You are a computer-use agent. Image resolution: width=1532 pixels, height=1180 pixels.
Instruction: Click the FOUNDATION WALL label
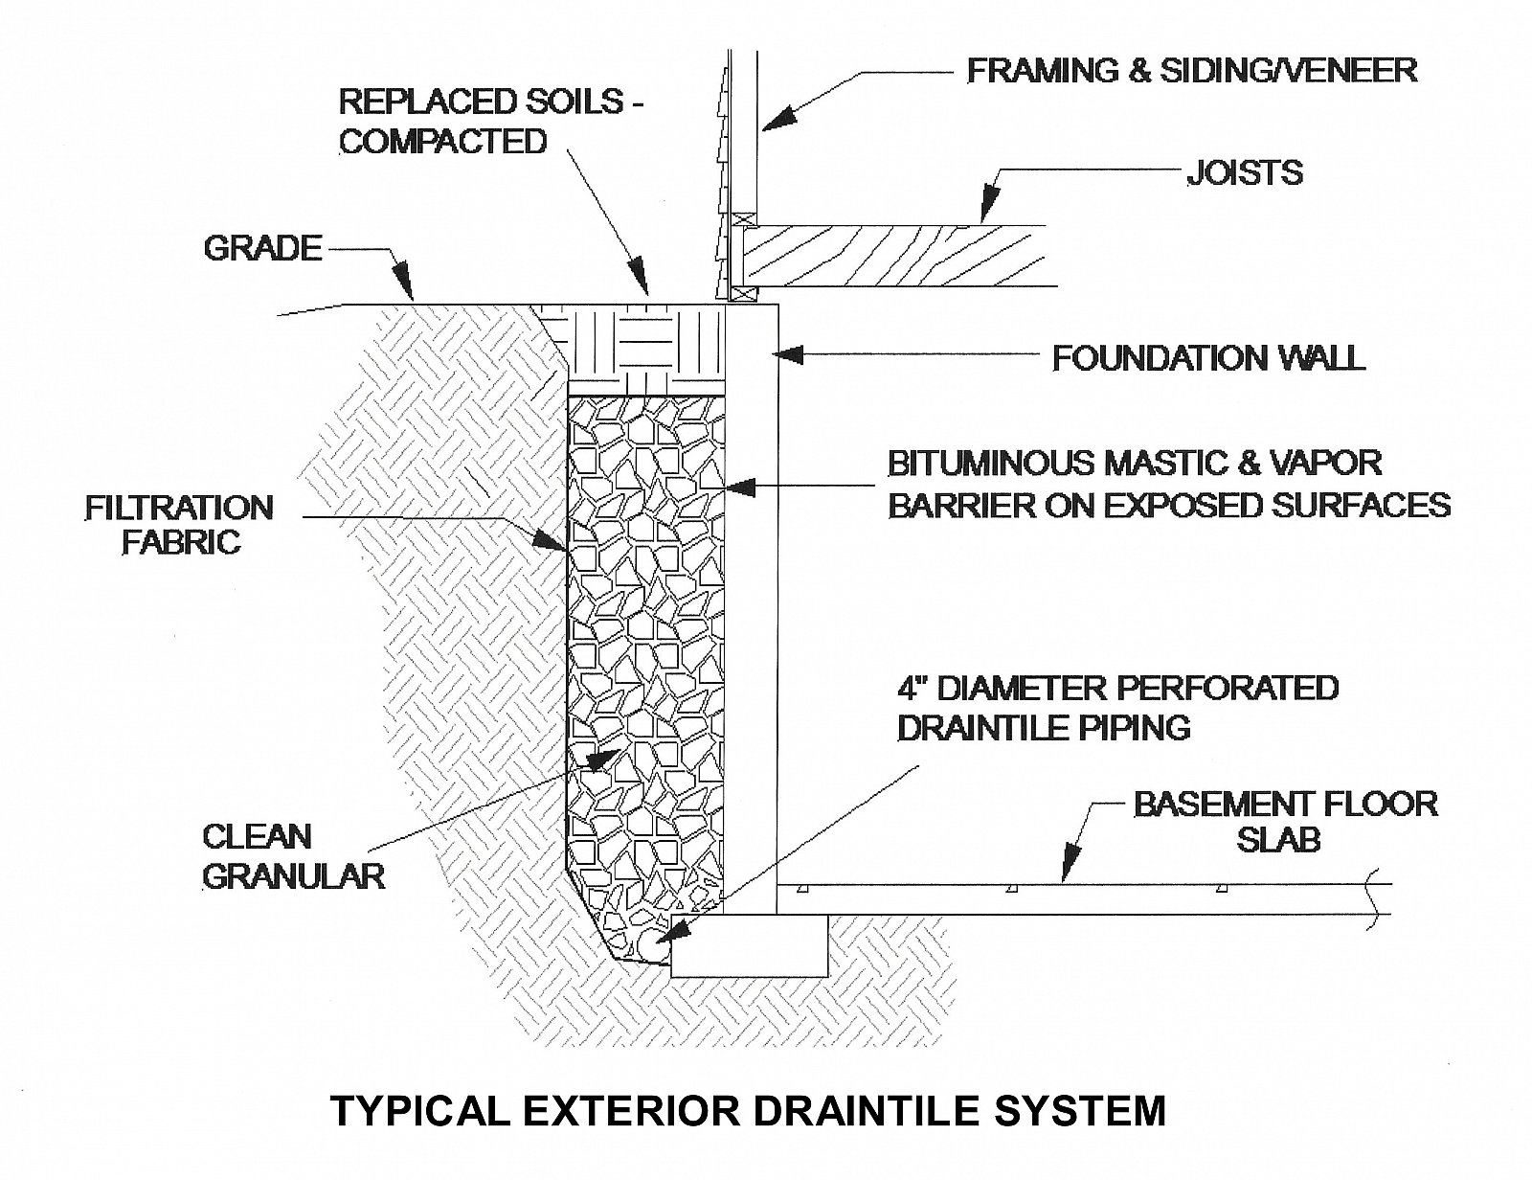pyautogui.click(x=1208, y=358)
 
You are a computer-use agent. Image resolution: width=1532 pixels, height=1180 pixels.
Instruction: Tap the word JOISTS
pyautogui.click(x=1245, y=172)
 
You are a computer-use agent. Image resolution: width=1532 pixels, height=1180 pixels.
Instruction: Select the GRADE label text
pyautogui.click(x=263, y=249)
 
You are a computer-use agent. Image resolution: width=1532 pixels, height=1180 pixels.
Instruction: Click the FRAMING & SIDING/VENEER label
pyautogui.click(x=1191, y=71)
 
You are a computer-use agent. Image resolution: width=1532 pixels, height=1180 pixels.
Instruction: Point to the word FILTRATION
pyautogui.click(x=179, y=508)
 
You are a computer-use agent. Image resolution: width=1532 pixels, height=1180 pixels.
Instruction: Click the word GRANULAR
pyautogui.click(x=294, y=876)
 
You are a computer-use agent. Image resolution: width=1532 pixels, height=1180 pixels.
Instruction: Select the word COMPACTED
pyautogui.click(x=443, y=142)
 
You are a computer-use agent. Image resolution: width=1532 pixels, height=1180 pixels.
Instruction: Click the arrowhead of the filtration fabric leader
pyautogui.click(x=550, y=539)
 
